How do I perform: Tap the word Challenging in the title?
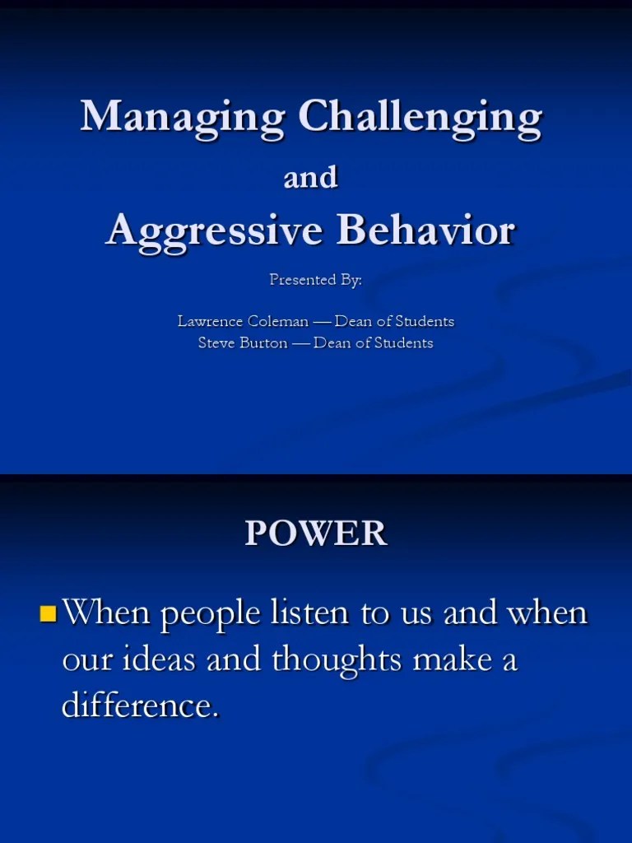pos(420,117)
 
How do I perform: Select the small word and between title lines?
pos(310,177)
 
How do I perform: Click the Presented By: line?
pos(315,280)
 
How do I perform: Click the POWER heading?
pos(315,533)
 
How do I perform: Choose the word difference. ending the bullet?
pos(141,706)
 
